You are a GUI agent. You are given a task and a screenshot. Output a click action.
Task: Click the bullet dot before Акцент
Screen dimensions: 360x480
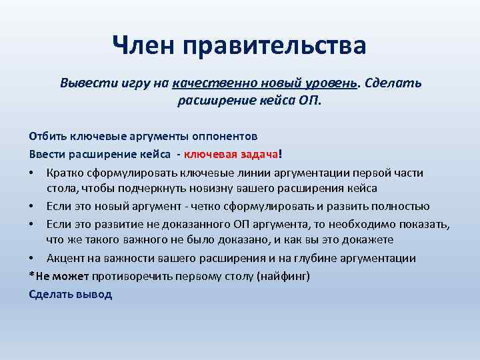point(33,258)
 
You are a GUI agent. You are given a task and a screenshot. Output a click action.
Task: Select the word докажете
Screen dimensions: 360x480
point(371,239)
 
